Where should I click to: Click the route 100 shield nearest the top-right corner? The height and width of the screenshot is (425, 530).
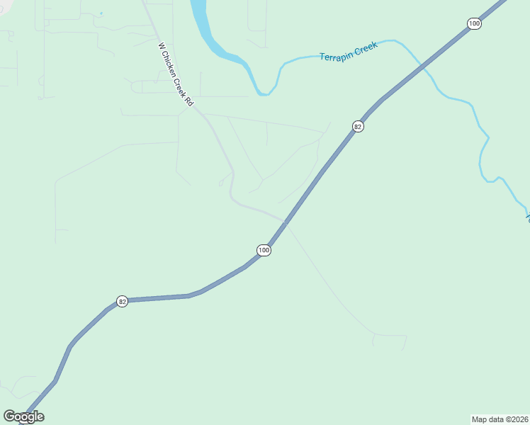[474, 24]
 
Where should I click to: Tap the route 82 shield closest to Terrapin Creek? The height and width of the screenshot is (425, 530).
[358, 126]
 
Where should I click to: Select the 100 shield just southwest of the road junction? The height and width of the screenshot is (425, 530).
[264, 250]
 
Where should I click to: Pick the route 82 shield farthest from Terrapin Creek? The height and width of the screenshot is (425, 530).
[123, 302]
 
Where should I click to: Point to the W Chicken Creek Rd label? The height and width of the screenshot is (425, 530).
[175, 74]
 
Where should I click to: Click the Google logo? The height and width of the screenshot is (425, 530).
[23, 416]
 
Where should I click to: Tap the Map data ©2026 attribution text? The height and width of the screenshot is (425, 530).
[500, 419]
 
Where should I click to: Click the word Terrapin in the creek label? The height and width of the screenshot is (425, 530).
[336, 55]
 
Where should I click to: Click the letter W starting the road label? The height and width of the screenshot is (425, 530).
[161, 46]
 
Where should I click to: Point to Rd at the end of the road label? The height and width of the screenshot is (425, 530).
[188, 101]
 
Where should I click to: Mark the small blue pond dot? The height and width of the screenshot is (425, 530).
[101, 13]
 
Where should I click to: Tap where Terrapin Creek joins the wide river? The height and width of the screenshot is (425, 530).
[265, 93]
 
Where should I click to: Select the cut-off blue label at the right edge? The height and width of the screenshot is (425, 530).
[527, 217]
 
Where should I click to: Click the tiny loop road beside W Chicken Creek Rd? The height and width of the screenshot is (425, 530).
[220, 183]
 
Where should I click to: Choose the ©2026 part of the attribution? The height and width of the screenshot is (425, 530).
[514, 419]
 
